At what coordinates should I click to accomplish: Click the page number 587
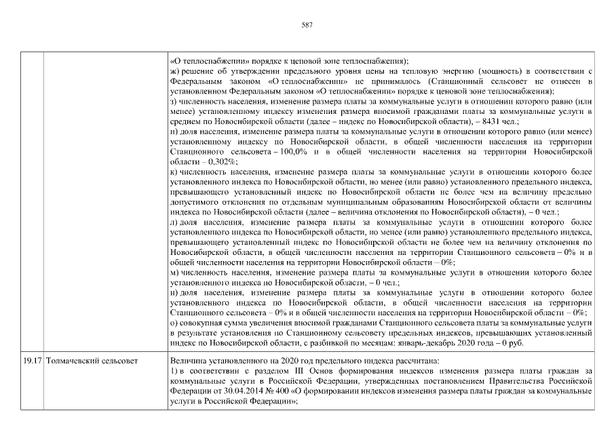(307, 25)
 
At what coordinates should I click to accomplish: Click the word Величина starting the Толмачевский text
(189, 359)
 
